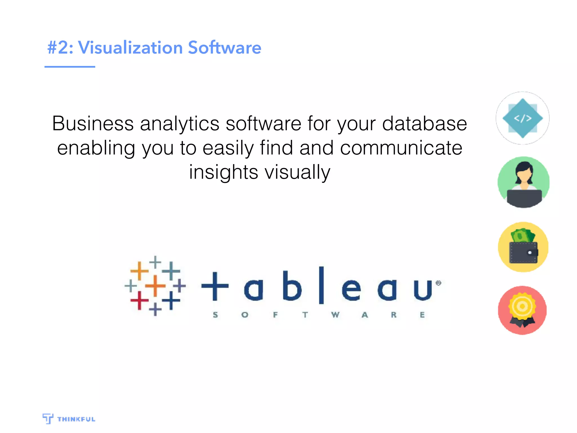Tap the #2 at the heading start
pyautogui.click(x=58, y=47)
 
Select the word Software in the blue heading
pyautogui.click(x=225, y=47)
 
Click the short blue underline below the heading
pyautogui.click(x=70, y=67)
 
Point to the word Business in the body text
pyautogui.click(x=93, y=123)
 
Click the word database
pyautogui.click(x=425, y=123)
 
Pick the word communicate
pyautogui.click(x=401, y=148)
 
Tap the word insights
pyautogui.click(x=223, y=172)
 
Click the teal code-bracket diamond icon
pyautogui.click(x=523, y=118)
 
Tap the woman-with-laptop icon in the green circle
pyautogui.click(x=523, y=182)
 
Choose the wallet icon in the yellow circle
pyautogui.click(x=523, y=247)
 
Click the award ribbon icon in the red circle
pyautogui.click(x=522, y=310)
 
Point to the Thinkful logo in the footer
pyautogui.click(x=69, y=419)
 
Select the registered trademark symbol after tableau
pyautogui.click(x=438, y=283)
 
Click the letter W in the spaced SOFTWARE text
pyautogui.click(x=335, y=315)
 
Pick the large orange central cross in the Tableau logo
pyautogui.click(x=155, y=286)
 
